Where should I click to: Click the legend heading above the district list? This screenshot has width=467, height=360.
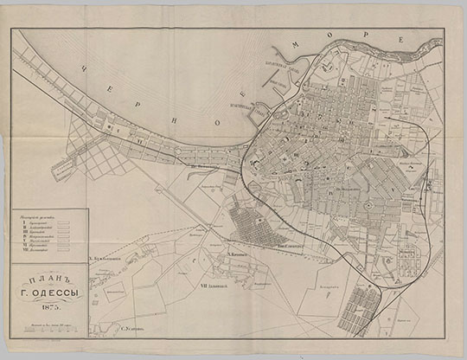[x=42, y=215]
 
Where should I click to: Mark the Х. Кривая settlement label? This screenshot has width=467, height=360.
[x=239, y=254]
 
